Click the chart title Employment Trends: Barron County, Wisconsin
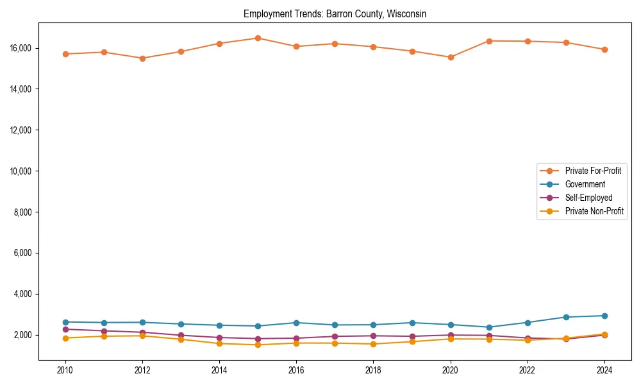tap(335, 13)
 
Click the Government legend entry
tap(585, 184)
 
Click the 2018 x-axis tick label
tap(373, 370)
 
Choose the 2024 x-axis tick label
tap(604, 370)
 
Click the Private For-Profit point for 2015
tap(258, 38)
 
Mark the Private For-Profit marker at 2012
tap(142, 58)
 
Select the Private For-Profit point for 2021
tap(489, 41)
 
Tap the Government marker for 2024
tap(604, 316)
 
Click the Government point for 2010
tap(65, 322)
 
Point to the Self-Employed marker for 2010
tap(65, 329)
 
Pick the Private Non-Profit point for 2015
tap(258, 345)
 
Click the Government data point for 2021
tap(489, 327)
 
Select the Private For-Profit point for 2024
tap(604, 49)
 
